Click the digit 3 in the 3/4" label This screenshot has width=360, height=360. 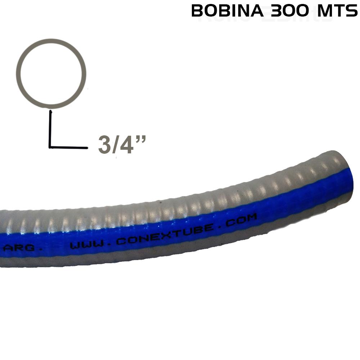104,145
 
